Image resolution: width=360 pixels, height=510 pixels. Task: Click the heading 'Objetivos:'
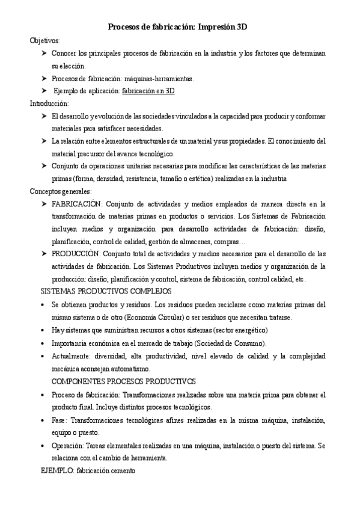[x=45, y=40]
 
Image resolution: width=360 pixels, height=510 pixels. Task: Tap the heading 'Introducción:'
[x=49, y=103]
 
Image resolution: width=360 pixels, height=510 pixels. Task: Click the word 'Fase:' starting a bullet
[x=59, y=420]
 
